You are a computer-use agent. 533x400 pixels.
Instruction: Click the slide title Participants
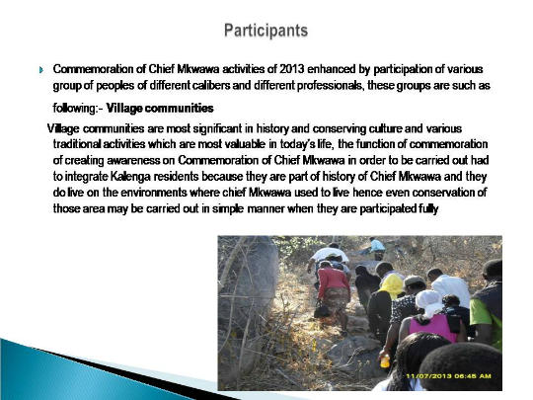[266, 31]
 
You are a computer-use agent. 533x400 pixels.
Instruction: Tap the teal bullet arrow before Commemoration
[41, 70]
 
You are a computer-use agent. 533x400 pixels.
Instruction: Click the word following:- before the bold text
[78, 109]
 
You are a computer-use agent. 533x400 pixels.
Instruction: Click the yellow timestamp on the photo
[448, 376]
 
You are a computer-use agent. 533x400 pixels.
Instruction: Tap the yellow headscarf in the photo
[393, 285]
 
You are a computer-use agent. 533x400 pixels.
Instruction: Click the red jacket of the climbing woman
[334, 280]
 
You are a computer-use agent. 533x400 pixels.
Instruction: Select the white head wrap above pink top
[430, 303]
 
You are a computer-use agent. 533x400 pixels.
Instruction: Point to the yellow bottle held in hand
[385, 360]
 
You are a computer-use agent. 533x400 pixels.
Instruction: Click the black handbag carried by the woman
[322, 310]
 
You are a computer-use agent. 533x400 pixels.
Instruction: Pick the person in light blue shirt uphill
[376, 246]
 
